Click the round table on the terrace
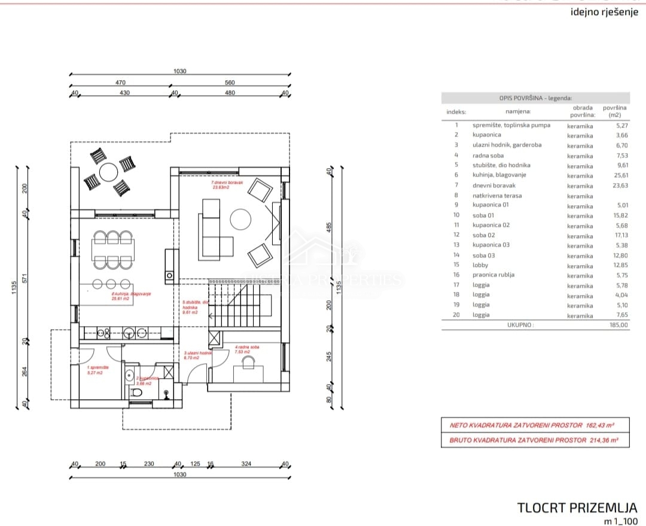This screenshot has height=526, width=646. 109,172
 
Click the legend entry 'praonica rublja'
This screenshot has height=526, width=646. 493,275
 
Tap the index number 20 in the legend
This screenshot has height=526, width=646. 456,315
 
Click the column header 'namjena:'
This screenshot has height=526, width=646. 518,111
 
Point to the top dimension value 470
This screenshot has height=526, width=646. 120,83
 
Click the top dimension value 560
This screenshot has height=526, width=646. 230,83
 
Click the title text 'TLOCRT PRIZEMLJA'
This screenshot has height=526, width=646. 577,508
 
